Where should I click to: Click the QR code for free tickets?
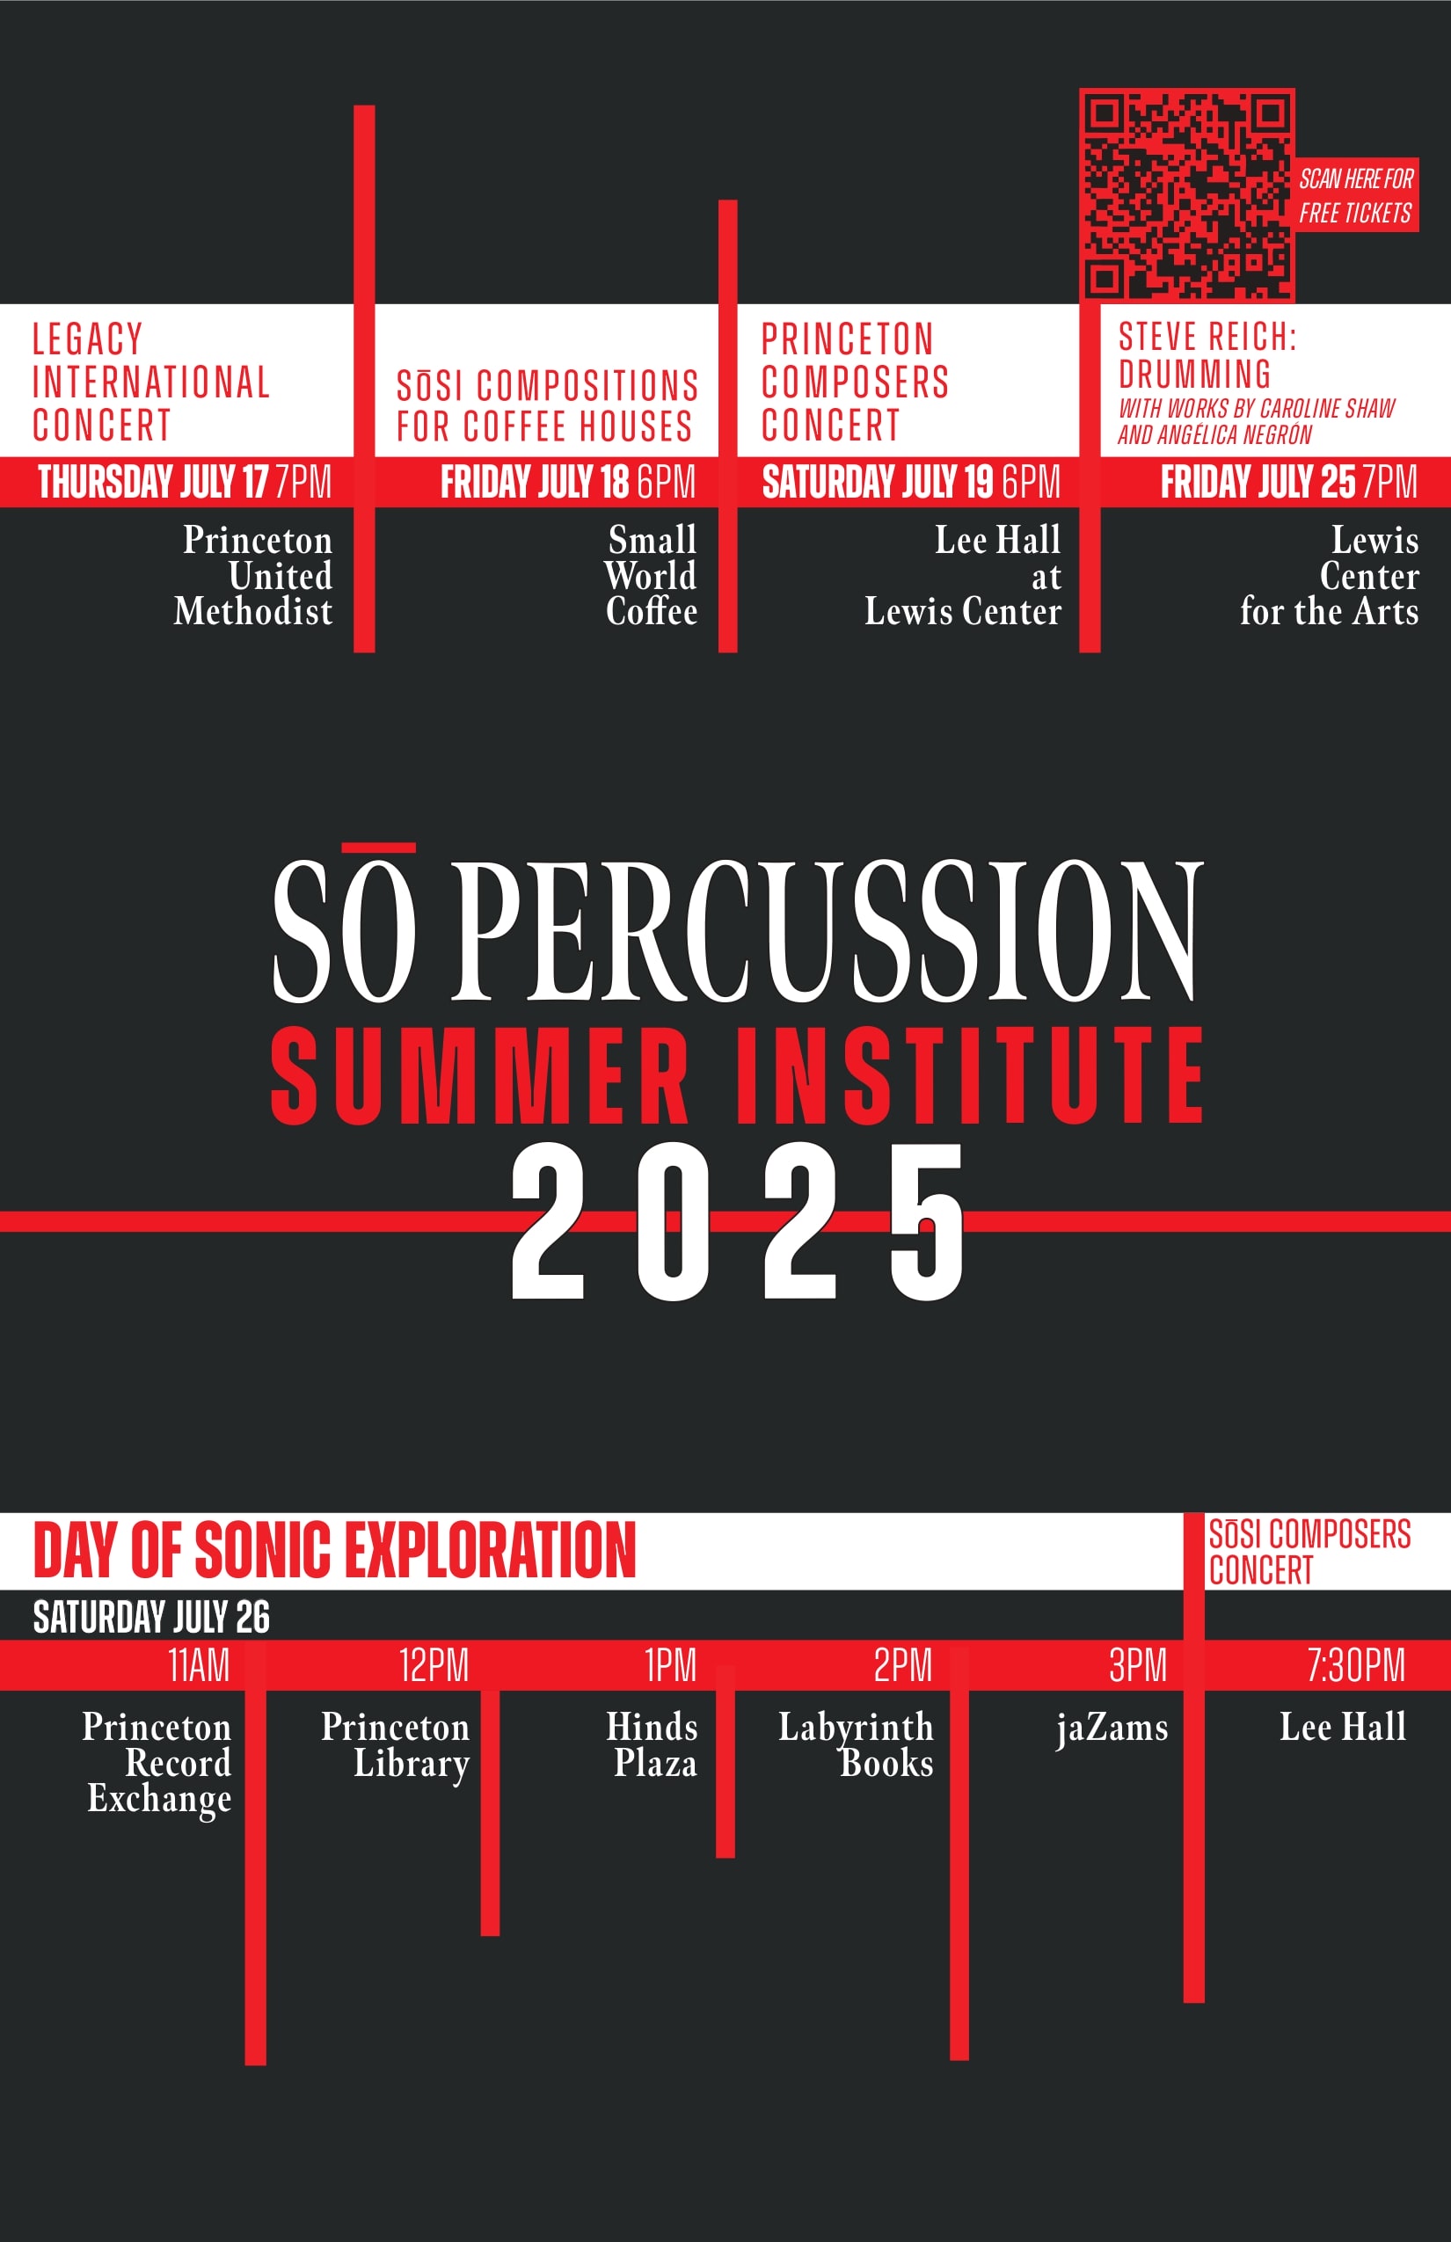pos(1187,195)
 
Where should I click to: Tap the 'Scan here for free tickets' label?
pos(1356,195)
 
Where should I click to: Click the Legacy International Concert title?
pos(150,382)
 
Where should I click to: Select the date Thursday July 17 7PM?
pos(185,482)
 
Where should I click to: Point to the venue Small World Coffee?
pos(651,575)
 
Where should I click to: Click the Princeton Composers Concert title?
pos(855,382)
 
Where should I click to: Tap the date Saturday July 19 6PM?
pos(911,482)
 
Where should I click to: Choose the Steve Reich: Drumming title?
pos(1208,354)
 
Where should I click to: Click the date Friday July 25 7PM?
pos(1288,482)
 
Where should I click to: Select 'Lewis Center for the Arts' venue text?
pos(1330,575)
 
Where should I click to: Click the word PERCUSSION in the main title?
pos(828,930)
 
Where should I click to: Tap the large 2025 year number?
pos(738,1221)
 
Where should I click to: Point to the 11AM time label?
pos(199,1664)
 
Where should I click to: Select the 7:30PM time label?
pos(1356,1664)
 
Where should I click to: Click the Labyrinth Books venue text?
pos(856,1744)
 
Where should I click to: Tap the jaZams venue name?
pos(1112,1728)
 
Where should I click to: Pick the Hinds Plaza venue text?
pos(652,1744)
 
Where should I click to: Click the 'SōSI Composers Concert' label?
pos(1309,1552)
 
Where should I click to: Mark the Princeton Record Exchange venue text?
pos(157,1764)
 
